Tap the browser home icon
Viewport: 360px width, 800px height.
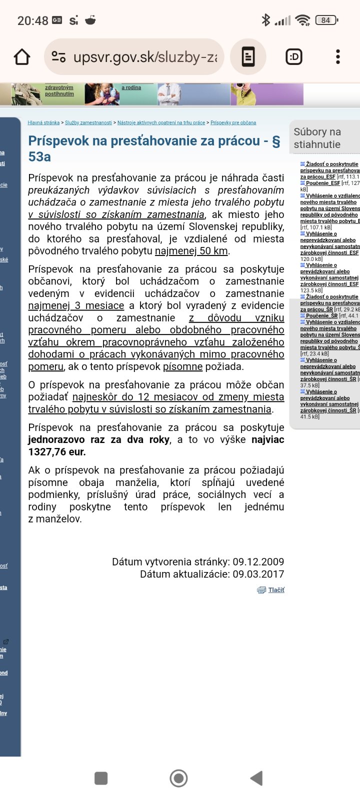pos(22,57)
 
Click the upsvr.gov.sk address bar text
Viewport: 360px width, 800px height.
pos(145,57)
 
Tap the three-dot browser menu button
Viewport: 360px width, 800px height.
pos(338,57)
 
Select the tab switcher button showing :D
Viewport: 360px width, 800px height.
pos(294,57)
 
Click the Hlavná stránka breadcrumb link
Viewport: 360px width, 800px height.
pos(43,122)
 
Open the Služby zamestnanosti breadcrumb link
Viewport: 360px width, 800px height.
pos(88,122)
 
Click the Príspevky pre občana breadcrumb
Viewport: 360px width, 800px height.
pos(233,122)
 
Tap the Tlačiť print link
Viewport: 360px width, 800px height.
pos(275,590)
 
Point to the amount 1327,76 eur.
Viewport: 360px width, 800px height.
pos(57,452)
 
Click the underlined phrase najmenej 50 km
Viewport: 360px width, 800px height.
pos(191,251)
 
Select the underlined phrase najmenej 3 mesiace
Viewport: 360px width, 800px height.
pos(76,305)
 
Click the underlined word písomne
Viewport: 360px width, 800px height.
pos(182,366)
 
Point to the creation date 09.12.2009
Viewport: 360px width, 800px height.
pos(258,562)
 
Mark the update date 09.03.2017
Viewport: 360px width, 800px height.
pos(258,574)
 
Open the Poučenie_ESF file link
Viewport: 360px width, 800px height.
pos(322,183)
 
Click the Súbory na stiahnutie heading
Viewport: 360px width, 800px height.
pos(317,138)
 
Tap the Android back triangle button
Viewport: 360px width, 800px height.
pos(256,778)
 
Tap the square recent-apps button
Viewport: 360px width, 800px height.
pos(101,778)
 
